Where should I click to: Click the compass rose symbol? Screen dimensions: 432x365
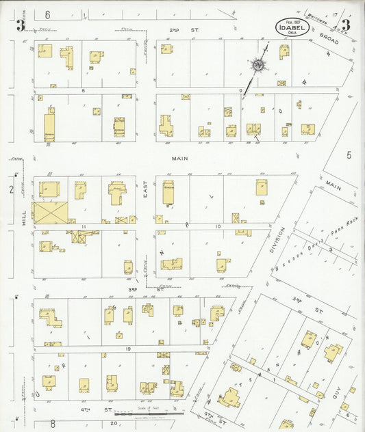[x=259, y=65]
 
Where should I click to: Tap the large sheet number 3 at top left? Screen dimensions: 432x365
[x=22, y=25]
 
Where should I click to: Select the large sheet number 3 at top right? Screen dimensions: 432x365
[x=346, y=25]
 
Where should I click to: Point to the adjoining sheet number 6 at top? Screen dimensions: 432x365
[x=48, y=14]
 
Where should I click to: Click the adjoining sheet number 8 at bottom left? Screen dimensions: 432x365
[x=51, y=424]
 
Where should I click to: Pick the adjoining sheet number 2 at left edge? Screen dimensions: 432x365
[x=12, y=189]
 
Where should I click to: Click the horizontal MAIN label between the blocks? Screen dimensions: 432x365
[x=179, y=158]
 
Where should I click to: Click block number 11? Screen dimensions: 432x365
[x=81, y=225]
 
